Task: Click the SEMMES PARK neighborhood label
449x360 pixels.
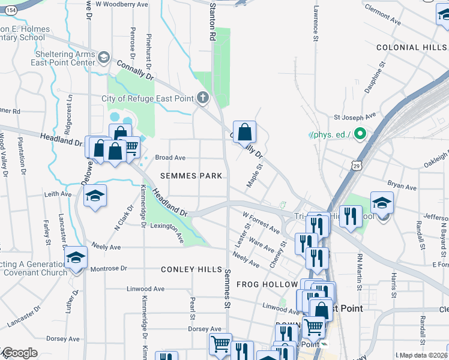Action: click(x=191, y=176)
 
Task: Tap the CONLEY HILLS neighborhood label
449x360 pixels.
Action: click(x=187, y=269)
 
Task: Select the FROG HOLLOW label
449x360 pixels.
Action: click(x=267, y=284)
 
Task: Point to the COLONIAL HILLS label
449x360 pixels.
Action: click(x=412, y=47)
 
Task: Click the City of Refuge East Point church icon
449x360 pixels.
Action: click(x=203, y=98)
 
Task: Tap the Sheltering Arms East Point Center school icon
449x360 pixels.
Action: click(x=104, y=58)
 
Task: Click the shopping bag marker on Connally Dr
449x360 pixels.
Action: click(x=245, y=132)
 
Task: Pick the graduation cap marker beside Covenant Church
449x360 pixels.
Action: click(x=76, y=258)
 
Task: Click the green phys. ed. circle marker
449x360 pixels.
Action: click(x=360, y=134)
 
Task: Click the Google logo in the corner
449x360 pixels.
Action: click(x=19, y=353)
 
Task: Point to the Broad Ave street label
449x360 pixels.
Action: click(x=170, y=158)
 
